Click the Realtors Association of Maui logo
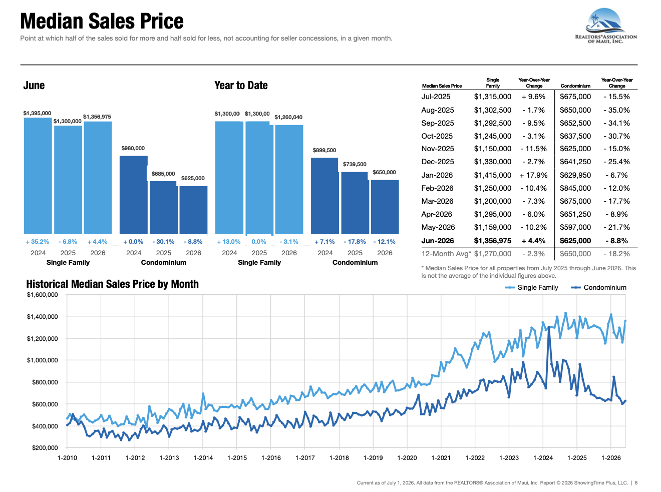pos(605,26)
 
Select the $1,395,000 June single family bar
pos(38,176)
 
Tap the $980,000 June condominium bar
pos(134,195)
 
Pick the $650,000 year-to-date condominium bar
pos(385,207)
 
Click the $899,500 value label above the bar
pos(324,150)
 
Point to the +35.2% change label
pos(37,242)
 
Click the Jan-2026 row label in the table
pos(437,175)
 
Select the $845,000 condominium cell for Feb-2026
pos(575,188)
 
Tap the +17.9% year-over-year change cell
pos(533,175)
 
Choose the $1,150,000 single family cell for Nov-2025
pos(492,149)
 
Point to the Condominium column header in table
pos(575,86)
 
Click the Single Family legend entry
pos(531,287)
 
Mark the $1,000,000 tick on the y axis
pos(43,360)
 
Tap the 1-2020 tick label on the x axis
pos(407,458)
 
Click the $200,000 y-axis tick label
pos(45,447)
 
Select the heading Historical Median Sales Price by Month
pos(112,284)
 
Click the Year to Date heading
pos(241,85)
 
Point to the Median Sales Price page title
pos(102,21)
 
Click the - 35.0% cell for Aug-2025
pos(616,110)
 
